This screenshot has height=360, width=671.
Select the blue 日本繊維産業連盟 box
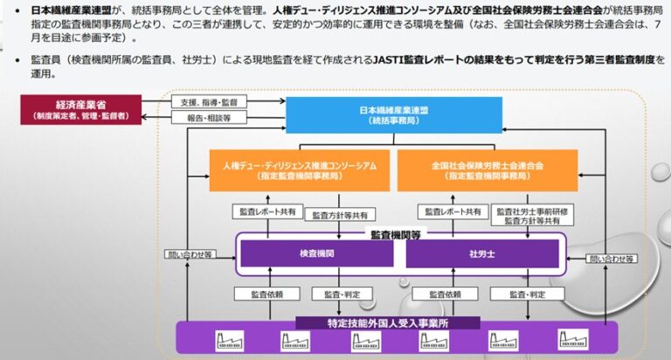point(393,115)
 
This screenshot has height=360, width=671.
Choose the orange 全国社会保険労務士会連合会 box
point(487,170)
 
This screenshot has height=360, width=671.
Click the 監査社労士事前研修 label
point(527,211)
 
